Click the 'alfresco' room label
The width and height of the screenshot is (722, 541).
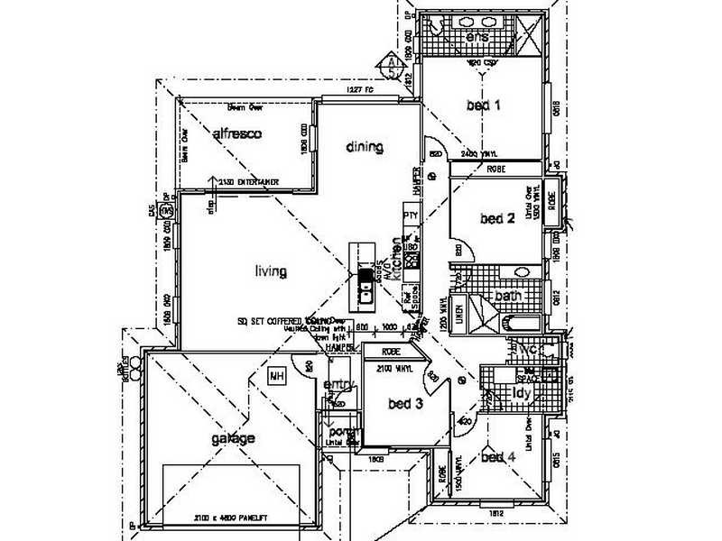[x=236, y=134]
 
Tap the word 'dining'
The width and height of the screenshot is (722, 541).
[x=364, y=147]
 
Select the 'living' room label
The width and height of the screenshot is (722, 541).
[x=270, y=270]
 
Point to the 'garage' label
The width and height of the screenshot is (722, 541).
[x=234, y=439]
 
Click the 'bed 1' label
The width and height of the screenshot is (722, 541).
[x=483, y=105]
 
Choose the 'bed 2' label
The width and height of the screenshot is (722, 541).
[x=497, y=218]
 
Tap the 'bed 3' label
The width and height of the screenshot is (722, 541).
[x=405, y=404]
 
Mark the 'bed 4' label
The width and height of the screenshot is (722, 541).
[x=497, y=458]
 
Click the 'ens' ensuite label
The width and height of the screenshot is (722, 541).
[x=477, y=38]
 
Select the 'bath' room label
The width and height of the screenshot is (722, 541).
[x=507, y=296]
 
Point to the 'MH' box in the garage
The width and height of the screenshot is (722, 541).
[x=276, y=377]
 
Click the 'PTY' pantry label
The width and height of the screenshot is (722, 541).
[x=411, y=215]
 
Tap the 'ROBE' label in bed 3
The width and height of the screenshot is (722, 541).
[x=391, y=353]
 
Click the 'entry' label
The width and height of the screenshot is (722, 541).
[x=336, y=385]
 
